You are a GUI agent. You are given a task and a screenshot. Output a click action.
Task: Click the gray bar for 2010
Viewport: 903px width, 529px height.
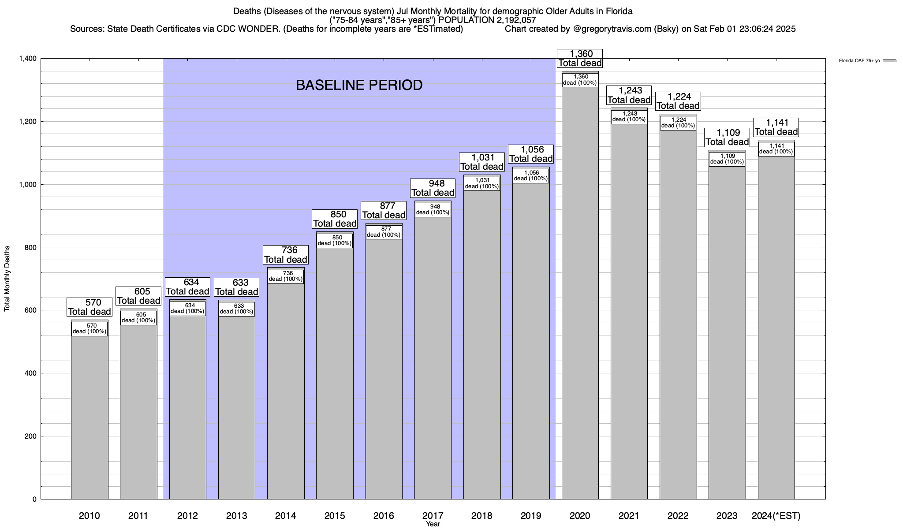coord(90,414)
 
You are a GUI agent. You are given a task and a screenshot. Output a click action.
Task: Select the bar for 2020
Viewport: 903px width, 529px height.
coord(580,309)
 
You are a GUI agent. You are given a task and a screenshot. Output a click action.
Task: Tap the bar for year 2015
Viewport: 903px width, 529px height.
coord(335,375)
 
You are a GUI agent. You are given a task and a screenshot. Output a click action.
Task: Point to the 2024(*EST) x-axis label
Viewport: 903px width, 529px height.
coord(776,515)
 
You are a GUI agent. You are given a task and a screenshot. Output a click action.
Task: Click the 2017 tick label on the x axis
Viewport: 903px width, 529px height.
coord(433,515)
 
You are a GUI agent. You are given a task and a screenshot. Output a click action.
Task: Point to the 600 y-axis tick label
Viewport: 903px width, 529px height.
coord(31,310)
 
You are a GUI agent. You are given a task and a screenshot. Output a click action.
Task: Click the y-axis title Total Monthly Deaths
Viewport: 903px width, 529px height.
coord(7,278)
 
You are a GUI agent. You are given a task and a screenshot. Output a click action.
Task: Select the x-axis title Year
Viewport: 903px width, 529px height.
coord(433,524)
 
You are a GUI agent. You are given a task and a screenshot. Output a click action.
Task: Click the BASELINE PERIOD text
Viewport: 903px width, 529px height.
coord(359,85)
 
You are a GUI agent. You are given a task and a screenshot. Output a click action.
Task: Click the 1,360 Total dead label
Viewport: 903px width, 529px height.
coord(580,58)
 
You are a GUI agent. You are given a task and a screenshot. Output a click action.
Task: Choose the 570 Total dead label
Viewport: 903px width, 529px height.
coord(90,307)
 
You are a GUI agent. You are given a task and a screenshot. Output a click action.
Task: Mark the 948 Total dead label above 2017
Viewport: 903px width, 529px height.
coord(433,188)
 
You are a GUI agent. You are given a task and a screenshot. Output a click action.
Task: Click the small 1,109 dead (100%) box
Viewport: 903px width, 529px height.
coord(727,159)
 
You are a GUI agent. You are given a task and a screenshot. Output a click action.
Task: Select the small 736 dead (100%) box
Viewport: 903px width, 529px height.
coord(286,276)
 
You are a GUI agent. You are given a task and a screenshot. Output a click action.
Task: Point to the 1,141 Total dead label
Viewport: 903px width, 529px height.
coord(776,127)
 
